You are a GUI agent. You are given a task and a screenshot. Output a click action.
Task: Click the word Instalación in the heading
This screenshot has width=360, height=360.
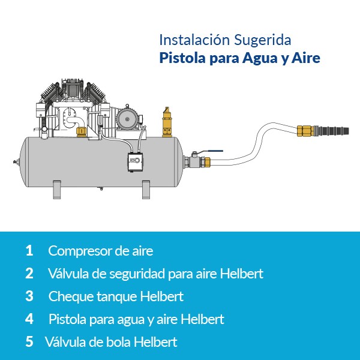tap(194, 40)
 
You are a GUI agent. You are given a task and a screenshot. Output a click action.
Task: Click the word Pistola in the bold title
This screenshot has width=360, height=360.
tap(182, 58)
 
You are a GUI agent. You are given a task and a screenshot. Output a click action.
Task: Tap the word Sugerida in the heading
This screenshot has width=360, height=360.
tap(263, 41)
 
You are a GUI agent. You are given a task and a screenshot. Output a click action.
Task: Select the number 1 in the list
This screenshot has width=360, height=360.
tap(29, 250)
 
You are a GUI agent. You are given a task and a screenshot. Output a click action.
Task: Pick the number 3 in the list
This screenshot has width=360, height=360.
tap(29, 296)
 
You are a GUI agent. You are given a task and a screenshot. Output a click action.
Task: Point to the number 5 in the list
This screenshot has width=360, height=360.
tap(29, 341)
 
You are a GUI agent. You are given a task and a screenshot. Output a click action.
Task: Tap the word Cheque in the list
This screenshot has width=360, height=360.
tap(71, 297)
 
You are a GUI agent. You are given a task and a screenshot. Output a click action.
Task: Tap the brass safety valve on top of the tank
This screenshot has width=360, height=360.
tap(167, 122)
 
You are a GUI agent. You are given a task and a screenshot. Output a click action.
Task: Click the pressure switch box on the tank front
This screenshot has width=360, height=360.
tap(136, 162)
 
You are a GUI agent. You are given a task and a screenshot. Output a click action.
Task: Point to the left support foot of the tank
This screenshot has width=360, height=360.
tap(57, 190)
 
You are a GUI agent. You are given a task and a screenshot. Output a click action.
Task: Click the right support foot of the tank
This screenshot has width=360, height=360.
tap(146, 190)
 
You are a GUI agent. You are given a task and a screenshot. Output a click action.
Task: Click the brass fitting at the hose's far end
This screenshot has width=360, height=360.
tap(305, 131)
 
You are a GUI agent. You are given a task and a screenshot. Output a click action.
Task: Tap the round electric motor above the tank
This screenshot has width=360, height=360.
tap(127, 119)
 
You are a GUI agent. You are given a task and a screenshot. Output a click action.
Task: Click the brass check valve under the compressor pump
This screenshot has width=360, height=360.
tap(81, 132)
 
